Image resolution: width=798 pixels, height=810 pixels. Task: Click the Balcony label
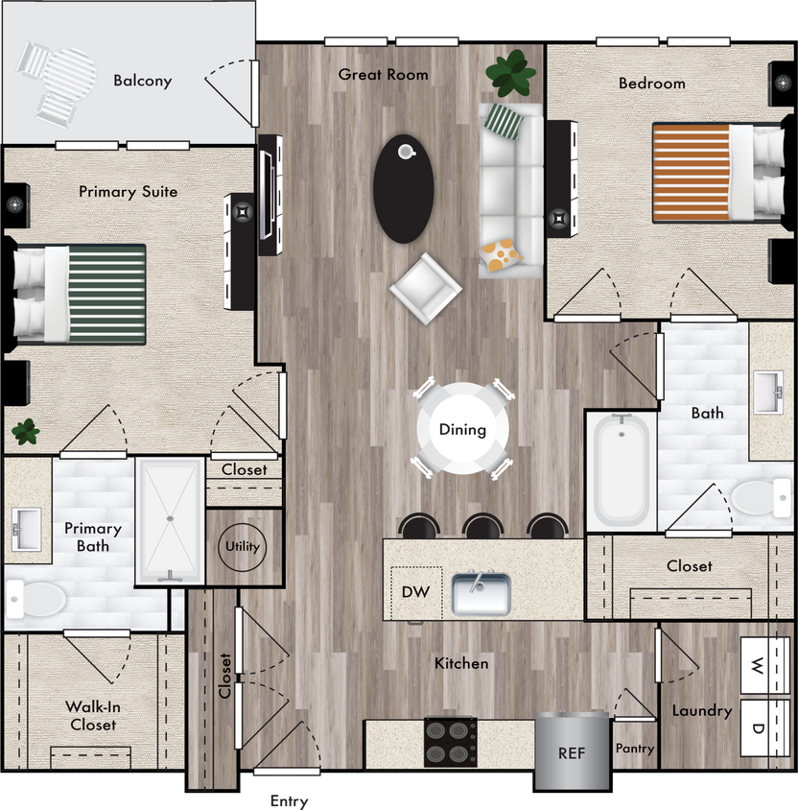[x=142, y=81]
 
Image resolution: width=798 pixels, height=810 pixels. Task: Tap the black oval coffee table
[x=403, y=188]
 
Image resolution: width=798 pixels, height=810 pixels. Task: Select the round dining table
[x=462, y=429]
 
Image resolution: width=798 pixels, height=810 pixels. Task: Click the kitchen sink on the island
[x=481, y=594]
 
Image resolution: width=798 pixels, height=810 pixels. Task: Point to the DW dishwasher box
[x=415, y=592]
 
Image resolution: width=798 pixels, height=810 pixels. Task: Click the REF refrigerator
[x=572, y=750]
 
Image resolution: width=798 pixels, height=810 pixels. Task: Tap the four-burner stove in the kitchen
[x=450, y=742]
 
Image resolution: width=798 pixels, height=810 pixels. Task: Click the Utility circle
[x=242, y=547]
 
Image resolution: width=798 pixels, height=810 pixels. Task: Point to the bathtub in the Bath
[x=621, y=469]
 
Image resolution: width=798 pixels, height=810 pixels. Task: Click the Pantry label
[x=634, y=749]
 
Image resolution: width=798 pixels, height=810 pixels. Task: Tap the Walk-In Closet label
[x=92, y=716]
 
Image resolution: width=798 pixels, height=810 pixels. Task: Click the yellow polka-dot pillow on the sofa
[x=501, y=256]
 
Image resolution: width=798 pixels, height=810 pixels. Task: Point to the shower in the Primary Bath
[x=170, y=519]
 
